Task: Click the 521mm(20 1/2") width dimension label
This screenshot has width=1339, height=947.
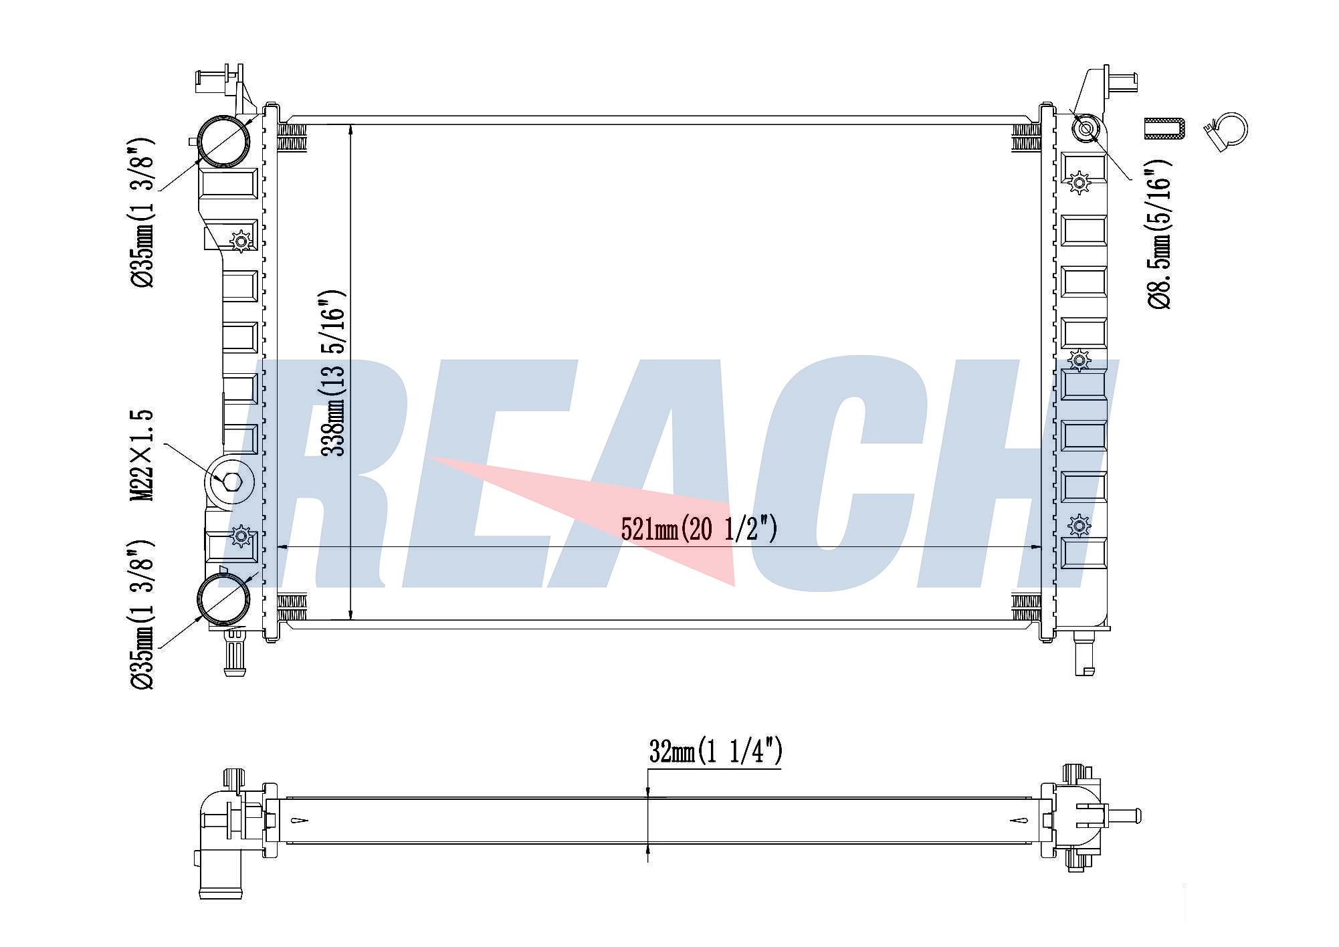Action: click(x=699, y=529)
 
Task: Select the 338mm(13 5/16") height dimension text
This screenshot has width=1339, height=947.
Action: click(x=333, y=373)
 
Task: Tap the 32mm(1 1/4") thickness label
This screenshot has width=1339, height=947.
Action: click(x=716, y=752)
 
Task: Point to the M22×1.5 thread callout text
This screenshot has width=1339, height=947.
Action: click(x=142, y=455)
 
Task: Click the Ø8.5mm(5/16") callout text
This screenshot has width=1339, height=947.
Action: click(x=1160, y=234)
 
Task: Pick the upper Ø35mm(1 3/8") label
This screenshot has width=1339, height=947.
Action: click(x=142, y=212)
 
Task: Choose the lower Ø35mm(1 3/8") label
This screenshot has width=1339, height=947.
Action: click(x=142, y=614)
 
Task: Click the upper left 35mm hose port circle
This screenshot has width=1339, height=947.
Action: click(x=223, y=141)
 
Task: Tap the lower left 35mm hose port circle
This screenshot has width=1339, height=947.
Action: click(x=223, y=599)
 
